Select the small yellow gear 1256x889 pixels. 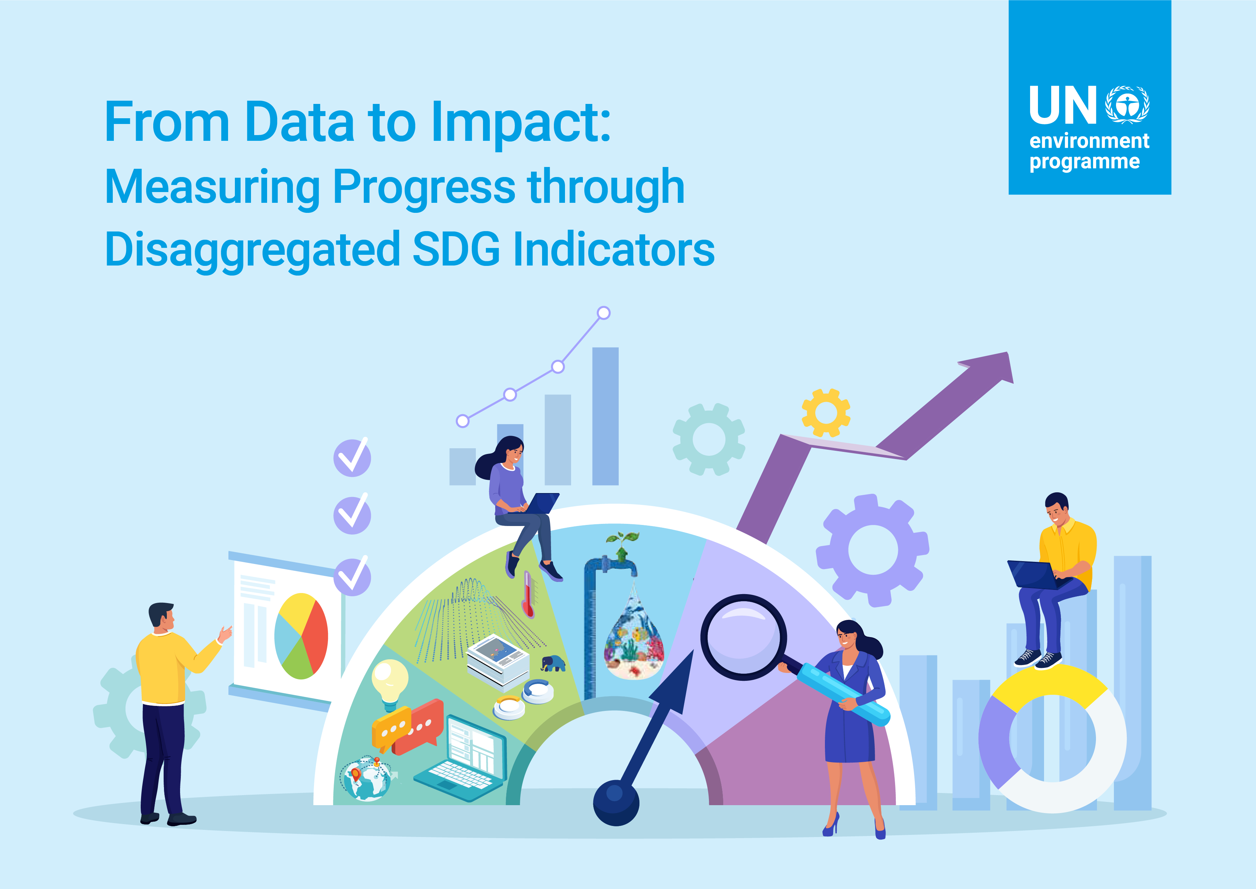point(826,413)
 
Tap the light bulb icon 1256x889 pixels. point(390,685)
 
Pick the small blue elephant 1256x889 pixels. point(553,664)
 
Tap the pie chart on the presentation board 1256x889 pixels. point(301,636)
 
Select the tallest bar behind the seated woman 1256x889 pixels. point(605,416)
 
